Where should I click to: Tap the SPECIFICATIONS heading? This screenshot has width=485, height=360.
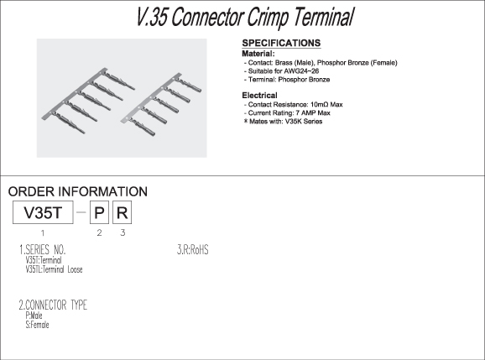click(x=281, y=43)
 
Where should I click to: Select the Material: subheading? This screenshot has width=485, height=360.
click(x=258, y=54)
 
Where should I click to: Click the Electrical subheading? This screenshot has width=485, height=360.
click(x=259, y=96)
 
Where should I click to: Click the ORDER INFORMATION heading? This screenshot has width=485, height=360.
click(x=78, y=191)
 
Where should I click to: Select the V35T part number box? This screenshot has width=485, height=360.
click(x=43, y=212)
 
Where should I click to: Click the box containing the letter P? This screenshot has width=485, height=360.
click(x=99, y=212)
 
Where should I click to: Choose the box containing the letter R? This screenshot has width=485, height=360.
click(x=123, y=212)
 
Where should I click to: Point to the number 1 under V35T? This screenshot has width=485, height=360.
click(x=43, y=233)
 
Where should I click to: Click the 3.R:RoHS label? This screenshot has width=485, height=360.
click(x=193, y=249)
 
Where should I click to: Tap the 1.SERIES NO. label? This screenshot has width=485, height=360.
click(x=43, y=249)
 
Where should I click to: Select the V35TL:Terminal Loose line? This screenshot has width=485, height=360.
click(x=55, y=269)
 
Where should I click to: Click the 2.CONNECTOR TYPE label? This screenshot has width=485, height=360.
click(x=53, y=305)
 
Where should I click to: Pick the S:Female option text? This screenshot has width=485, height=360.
click(x=37, y=325)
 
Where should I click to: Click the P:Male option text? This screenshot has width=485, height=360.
click(x=34, y=316)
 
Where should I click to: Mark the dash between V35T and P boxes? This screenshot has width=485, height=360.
click(x=81, y=212)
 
